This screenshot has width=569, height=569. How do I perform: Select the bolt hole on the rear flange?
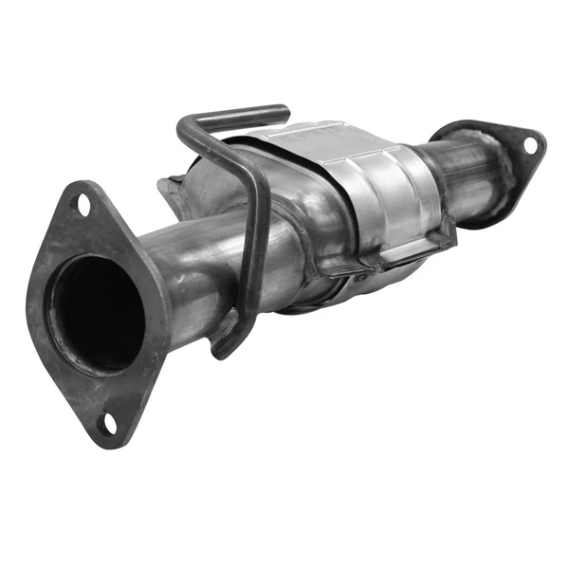click(x=530, y=145)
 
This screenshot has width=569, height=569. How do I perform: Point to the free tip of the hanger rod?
click(x=282, y=114)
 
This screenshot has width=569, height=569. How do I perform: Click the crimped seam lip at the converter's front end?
click(x=171, y=194)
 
